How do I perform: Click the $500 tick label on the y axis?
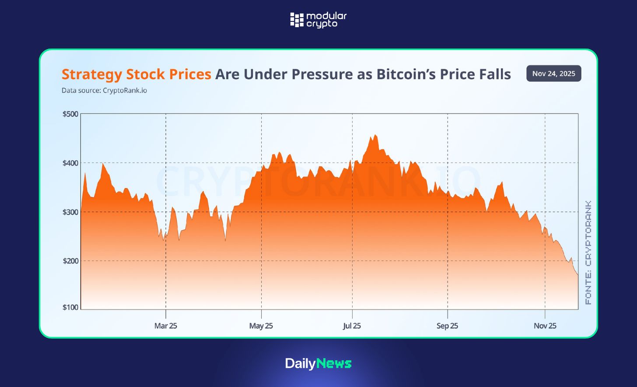[70, 114]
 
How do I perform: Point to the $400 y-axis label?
[70, 163]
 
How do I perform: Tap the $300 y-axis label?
[70, 212]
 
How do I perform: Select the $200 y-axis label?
[70, 261]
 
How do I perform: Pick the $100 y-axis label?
[70, 307]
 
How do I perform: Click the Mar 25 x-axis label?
[165, 326]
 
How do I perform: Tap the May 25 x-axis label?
[261, 326]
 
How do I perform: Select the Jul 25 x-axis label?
[352, 326]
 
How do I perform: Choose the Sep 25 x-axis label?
[447, 326]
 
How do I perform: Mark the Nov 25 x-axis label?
[545, 326]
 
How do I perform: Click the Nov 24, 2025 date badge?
[553, 74]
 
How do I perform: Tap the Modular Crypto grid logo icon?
[297, 20]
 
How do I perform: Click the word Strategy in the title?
[92, 75]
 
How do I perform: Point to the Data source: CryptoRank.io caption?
[104, 91]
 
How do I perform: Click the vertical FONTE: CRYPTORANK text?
[588, 252]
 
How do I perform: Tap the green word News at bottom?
[334, 363]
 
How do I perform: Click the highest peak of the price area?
[375, 135]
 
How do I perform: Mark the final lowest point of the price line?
[577, 275]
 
